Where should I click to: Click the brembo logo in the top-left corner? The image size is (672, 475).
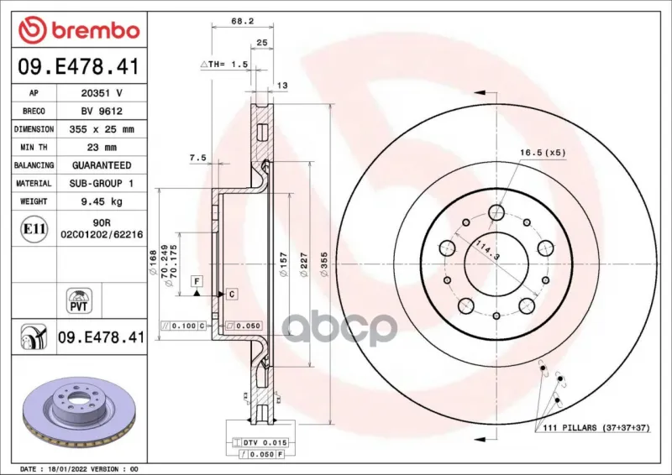pos(79,29)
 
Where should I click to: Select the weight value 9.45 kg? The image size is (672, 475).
pos(102,201)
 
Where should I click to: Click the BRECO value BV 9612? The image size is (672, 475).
pos(102,112)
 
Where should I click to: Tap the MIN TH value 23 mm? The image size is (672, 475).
pos(102,148)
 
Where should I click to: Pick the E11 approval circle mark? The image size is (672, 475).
pos(34,229)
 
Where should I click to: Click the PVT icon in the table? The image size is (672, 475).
pos(79,300)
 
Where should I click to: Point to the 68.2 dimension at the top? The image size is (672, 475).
pos(243,20)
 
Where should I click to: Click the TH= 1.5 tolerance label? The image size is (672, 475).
pos(223,65)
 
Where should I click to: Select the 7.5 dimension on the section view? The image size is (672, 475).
pos(197,158)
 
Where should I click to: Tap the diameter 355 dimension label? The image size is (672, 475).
pos(324,264)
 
